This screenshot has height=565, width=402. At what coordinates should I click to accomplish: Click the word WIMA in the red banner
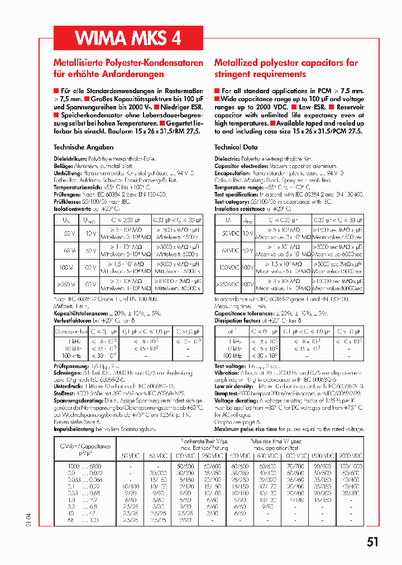[x=100, y=37]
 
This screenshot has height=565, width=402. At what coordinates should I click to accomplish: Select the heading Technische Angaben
[x=83, y=147]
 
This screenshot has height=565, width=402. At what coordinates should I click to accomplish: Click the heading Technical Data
[x=236, y=147]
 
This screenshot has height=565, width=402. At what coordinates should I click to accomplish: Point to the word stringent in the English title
[x=234, y=74]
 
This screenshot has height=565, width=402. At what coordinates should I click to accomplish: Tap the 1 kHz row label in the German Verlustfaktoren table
[x=74, y=340]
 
